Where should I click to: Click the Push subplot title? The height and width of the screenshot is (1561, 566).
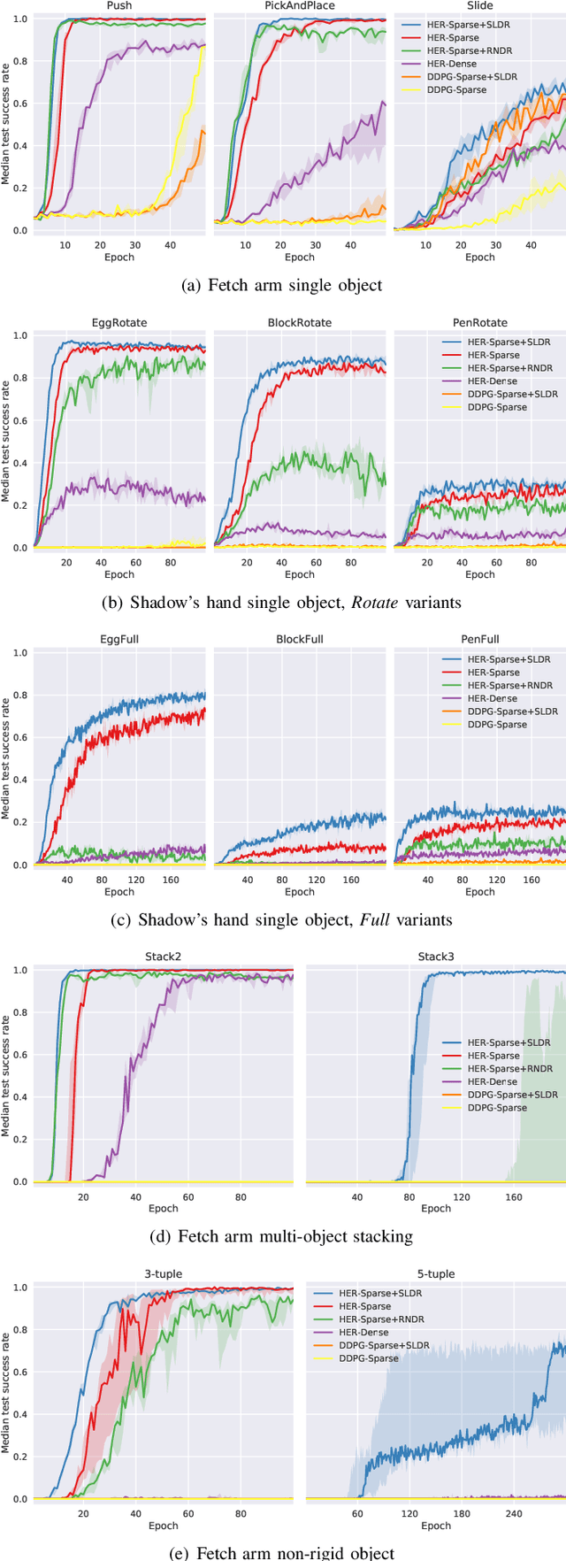119,5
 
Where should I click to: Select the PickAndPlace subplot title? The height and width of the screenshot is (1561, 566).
300,5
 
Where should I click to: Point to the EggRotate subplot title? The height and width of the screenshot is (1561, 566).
119,323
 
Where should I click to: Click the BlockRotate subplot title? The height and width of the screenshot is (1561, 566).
300,323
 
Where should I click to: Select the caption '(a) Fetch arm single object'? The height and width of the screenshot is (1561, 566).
281,285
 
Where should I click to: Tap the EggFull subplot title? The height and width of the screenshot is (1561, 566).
119,639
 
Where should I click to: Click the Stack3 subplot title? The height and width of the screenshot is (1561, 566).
436,957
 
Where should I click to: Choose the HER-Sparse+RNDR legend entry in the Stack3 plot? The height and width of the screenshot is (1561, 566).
509,1068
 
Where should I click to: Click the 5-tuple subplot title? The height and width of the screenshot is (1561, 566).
436,1274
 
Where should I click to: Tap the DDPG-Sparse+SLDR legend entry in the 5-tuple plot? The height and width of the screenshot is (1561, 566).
384,1345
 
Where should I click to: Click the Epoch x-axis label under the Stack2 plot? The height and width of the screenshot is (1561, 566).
164,1208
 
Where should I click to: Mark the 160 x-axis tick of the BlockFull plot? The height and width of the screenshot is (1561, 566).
351,880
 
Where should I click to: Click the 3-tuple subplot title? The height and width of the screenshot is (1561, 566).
164,1274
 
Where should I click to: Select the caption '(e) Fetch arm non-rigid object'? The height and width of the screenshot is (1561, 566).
281,1552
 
